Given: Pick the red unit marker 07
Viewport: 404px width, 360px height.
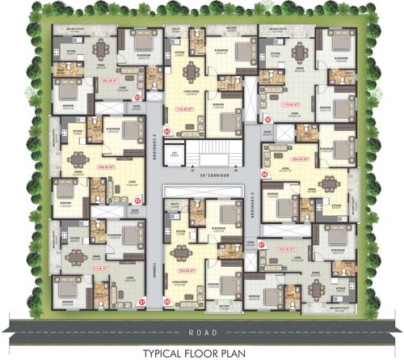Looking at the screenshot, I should pyautogui.click(x=260, y=243).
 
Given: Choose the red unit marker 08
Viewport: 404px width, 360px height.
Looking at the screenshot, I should pyautogui.click(x=166, y=302).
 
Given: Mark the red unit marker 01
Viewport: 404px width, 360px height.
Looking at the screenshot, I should pyautogui.click(x=142, y=302).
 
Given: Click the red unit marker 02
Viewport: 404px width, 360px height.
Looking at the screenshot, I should pyautogui.click(x=137, y=201).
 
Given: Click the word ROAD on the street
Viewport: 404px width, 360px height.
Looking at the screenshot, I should pyautogui.click(x=202, y=332).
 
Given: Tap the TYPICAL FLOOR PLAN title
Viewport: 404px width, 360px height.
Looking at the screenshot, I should pyautogui.click(x=202, y=353).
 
